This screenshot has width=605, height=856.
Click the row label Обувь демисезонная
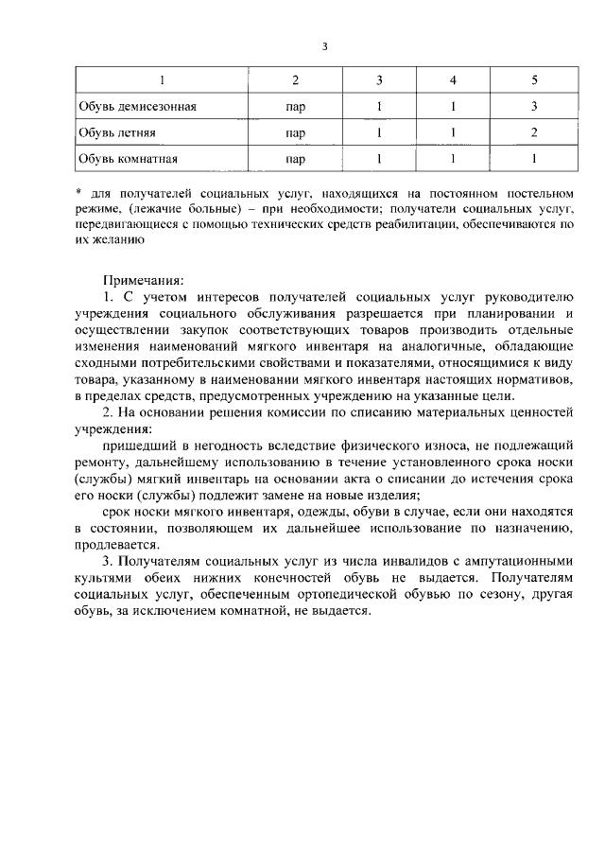coord(137,106)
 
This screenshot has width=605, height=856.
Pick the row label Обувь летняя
coord(117,132)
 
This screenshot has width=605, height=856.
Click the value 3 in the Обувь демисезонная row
coord(534,106)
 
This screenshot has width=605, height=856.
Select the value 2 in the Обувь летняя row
coord(534,132)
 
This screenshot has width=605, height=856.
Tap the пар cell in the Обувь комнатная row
coord(295,159)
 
